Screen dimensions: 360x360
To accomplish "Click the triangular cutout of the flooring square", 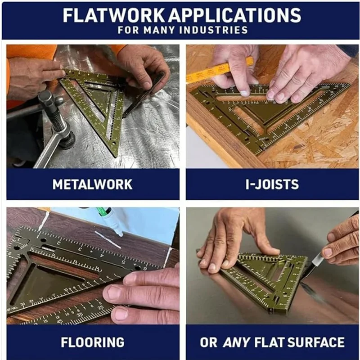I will pos(45,283).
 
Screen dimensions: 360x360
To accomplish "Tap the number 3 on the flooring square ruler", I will pos(80,248).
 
